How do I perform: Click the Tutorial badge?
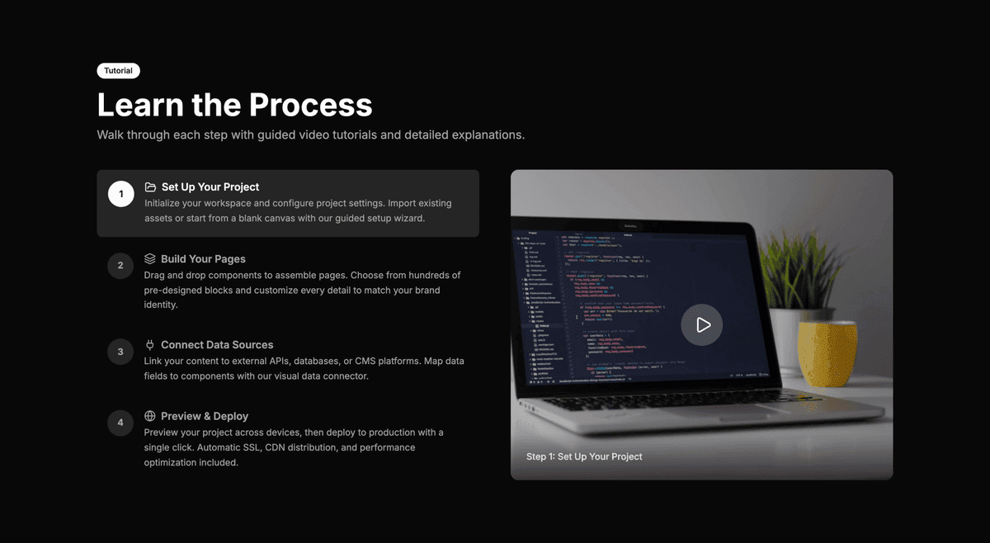(x=118, y=71)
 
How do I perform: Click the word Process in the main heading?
(x=311, y=106)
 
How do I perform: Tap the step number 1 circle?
(x=120, y=195)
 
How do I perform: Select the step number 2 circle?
(x=120, y=266)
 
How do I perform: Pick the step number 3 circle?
(x=120, y=352)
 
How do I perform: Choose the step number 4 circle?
(x=120, y=423)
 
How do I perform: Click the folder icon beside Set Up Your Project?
(x=150, y=187)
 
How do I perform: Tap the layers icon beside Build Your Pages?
(x=150, y=259)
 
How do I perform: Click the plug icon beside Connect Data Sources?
(x=150, y=345)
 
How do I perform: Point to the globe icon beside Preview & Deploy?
(x=150, y=417)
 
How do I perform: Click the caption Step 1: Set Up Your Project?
(x=584, y=456)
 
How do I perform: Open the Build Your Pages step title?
(x=203, y=259)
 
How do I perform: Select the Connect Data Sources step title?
(x=217, y=345)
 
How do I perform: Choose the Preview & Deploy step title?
(x=205, y=417)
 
